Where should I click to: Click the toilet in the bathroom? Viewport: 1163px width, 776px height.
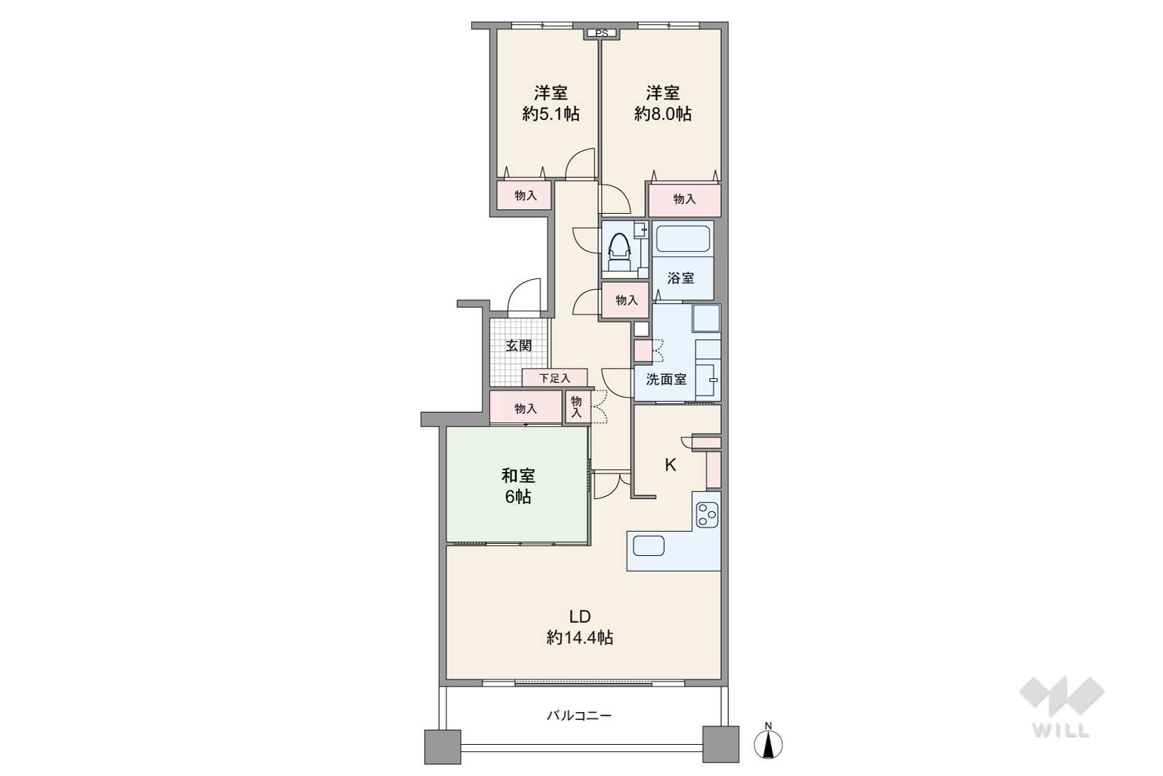point(619,252)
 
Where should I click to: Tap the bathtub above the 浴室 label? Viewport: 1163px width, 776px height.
point(683,239)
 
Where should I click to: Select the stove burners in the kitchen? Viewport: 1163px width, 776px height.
point(707,515)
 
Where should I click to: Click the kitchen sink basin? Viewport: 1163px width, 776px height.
point(649,546)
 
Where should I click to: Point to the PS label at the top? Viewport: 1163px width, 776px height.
point(602,33)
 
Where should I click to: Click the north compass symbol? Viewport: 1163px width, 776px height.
point(768,743)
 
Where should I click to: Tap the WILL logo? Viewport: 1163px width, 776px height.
point(1062,706)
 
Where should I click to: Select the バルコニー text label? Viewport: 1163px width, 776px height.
point(579,716)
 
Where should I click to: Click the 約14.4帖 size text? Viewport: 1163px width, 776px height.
point(580,638)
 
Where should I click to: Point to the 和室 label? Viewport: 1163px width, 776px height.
point(518,475)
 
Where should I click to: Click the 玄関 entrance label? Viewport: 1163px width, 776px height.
point(519,346)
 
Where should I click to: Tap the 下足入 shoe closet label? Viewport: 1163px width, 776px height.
point(554,378)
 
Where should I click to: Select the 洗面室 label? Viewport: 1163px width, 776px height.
point(666,379)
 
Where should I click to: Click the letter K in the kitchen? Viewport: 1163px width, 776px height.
point(671,466)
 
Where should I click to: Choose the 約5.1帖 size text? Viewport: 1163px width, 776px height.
point(551,114)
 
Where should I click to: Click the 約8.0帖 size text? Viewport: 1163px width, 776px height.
point(663,114)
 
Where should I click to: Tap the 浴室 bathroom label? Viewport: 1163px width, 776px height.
point(680,278)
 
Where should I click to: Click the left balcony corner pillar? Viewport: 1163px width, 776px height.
point(442,747)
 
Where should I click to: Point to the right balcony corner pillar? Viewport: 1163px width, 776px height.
point(721,744)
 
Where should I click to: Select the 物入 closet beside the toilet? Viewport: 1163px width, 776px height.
point(626,300)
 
